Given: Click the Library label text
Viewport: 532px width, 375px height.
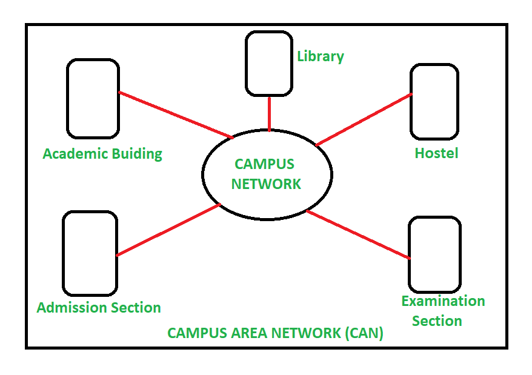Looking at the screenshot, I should [320, 56].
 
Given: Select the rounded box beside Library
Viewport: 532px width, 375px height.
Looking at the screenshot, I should [269, 64].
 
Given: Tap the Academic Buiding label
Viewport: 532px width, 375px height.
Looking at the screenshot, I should [102, 154].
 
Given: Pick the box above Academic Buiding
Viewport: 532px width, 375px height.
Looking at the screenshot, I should [93, 98].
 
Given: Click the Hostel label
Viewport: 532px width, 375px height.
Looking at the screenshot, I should [436, 153].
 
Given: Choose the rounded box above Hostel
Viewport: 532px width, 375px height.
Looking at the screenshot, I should [434, 102].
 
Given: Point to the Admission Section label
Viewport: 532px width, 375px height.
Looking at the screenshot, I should [99, 308].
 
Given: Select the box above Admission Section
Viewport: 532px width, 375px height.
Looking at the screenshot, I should [90, 253].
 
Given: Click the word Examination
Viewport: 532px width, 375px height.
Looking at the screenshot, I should [443, 301].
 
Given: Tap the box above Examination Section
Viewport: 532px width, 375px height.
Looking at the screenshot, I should [434, 254].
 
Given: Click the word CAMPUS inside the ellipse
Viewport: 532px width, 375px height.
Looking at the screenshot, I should [264, 164].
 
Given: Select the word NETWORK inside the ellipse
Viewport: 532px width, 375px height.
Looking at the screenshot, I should [266, 184].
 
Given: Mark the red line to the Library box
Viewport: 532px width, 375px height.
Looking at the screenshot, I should [269, 113].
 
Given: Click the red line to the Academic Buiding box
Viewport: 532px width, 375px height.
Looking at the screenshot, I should [175, 114].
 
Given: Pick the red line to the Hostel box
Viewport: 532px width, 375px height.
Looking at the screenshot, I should [364, 119].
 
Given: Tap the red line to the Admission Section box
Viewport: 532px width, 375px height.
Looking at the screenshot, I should [168, 230].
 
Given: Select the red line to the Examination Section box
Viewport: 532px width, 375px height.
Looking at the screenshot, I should [357, 235].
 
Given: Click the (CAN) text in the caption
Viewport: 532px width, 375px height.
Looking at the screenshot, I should [364, 333].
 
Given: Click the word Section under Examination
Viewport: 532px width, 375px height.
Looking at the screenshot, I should [437, 320].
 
